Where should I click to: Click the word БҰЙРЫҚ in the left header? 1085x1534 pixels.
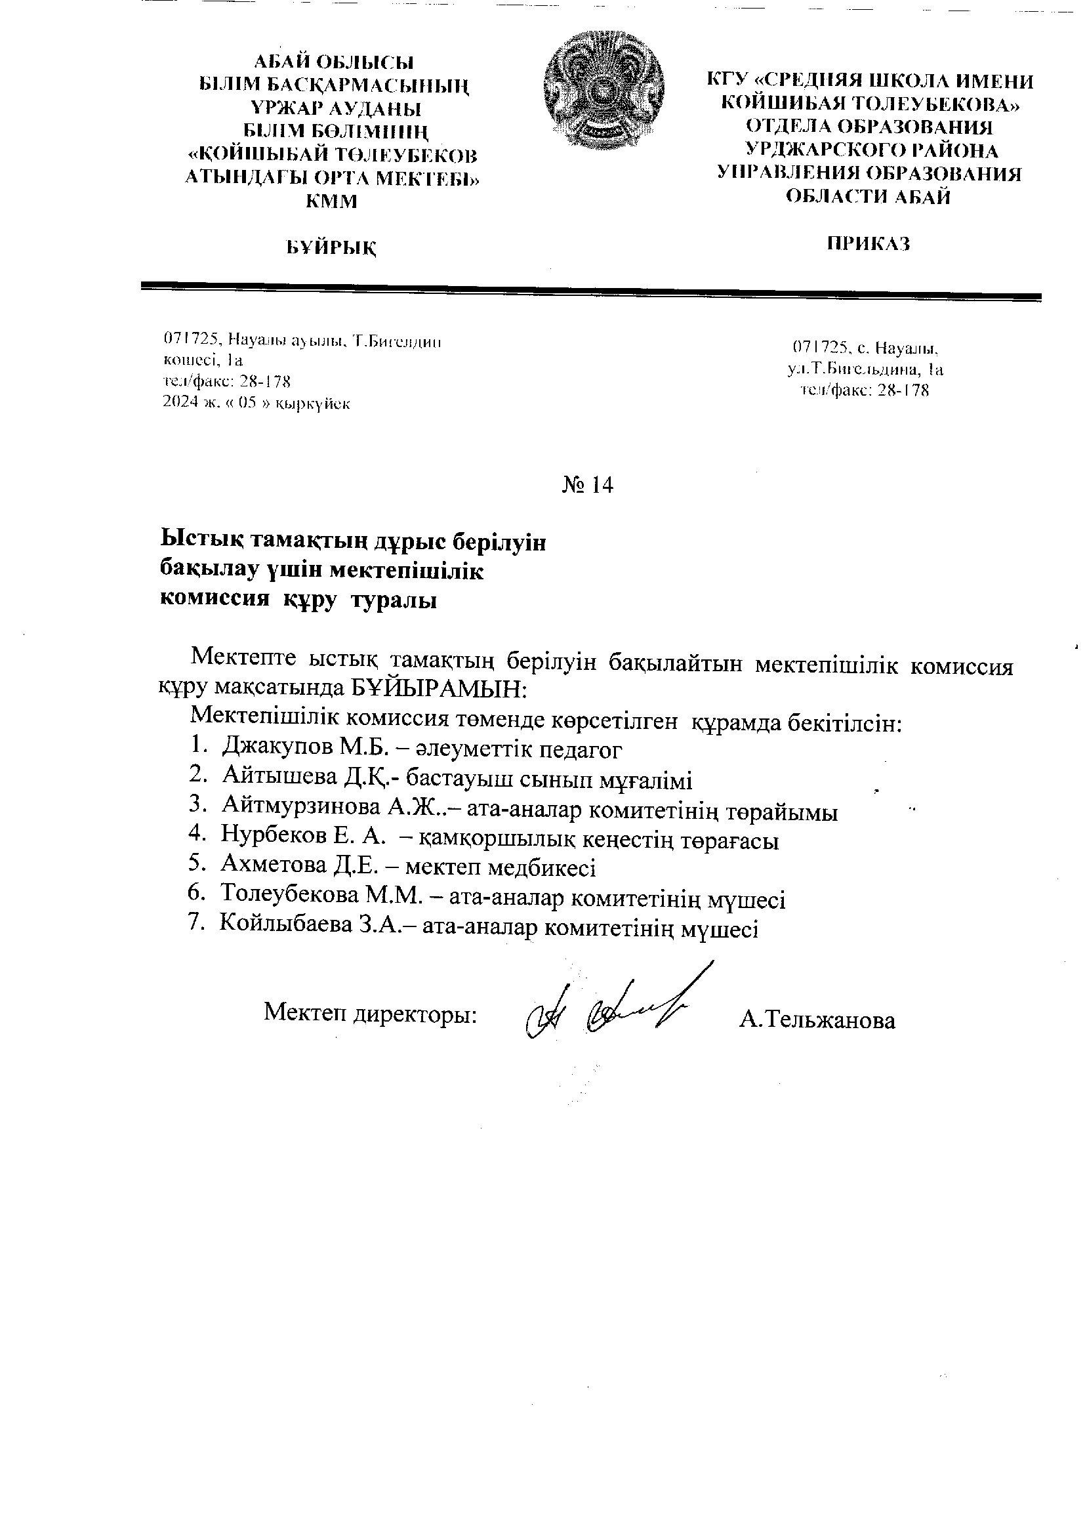click(332, 248)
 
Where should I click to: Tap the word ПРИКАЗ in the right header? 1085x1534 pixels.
click(869, 244)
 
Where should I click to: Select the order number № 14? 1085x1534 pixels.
click(587, 485)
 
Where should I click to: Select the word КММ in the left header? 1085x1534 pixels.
click(331, 201)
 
